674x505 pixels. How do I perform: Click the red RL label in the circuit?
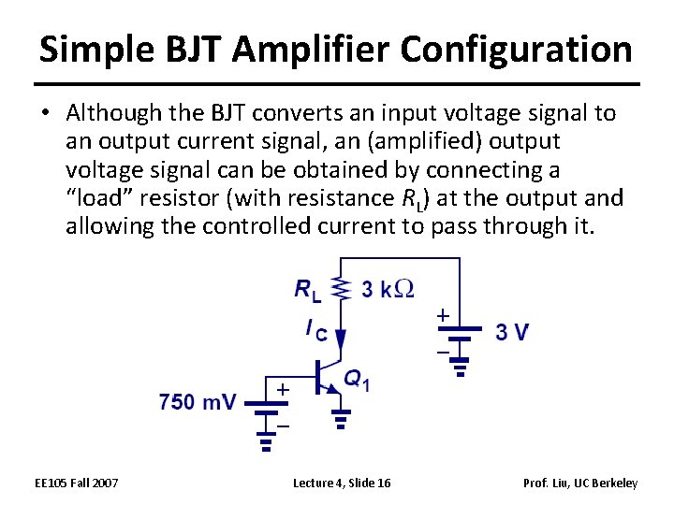308,291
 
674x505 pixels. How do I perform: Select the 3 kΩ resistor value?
388,290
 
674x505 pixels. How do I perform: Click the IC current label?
315,329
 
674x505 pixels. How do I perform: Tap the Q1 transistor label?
357,381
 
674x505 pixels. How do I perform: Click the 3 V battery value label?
512,332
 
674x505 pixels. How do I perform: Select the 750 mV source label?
198,402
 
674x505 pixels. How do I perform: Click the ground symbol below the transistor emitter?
341,418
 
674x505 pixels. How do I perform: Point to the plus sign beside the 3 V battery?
442,317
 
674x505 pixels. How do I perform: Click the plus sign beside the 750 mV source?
282,387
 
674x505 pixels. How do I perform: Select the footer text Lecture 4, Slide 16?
342,483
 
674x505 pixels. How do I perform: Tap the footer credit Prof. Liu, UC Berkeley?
581,483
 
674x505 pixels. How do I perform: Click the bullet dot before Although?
47,114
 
